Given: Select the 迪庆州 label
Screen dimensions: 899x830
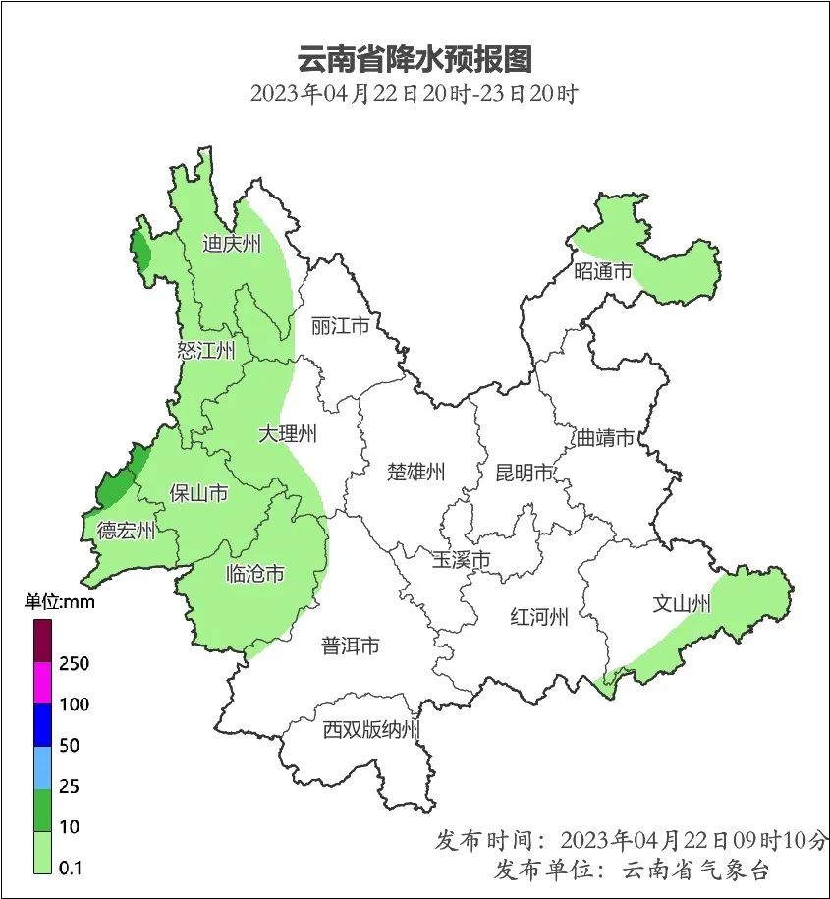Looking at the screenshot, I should [x=232, y=244].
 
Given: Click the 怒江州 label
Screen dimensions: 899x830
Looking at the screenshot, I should [x=207, y=351].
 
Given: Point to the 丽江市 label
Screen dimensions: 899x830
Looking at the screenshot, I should [x=339, y=325].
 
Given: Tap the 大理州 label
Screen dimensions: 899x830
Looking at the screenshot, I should [x=288, y=433].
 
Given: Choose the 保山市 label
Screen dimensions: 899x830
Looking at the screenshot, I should [x=198, y=493].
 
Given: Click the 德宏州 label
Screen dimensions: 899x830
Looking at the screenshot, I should [x=126, y=532].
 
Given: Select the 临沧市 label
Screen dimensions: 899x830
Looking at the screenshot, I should [x=254, y=573].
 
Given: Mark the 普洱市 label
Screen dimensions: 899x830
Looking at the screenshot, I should [x=351, y=646].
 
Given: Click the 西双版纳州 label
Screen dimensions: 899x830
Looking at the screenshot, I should [x=372, y=730].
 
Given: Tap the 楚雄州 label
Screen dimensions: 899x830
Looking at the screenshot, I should [x=415, y=473].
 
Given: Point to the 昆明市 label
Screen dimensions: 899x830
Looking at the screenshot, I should [x=525, y=473].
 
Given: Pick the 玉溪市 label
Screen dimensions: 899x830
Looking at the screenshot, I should [x=461, y=560].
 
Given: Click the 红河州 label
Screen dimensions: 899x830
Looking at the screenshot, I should [x=539, y=618].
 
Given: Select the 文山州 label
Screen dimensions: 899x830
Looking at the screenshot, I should [x=681, y=604].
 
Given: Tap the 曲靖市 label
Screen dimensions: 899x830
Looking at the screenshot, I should [x=605, y=438].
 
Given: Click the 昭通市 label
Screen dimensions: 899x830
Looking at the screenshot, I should [x=603, y=272].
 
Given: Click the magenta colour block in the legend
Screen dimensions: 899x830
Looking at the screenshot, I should [x=42, y=684].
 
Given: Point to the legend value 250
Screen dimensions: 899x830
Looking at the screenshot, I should [x=74, y=664].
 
